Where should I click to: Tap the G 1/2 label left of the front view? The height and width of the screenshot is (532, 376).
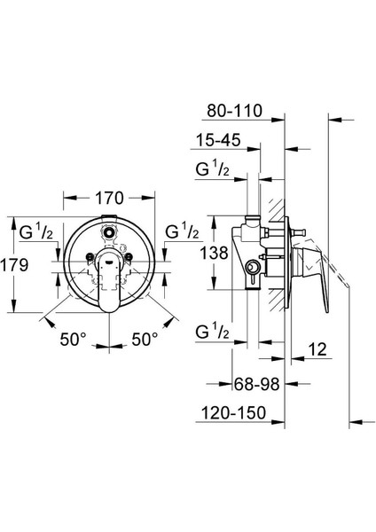(x=35, y=233)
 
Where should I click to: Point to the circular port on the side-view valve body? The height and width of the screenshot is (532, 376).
(x=252, y=265)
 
